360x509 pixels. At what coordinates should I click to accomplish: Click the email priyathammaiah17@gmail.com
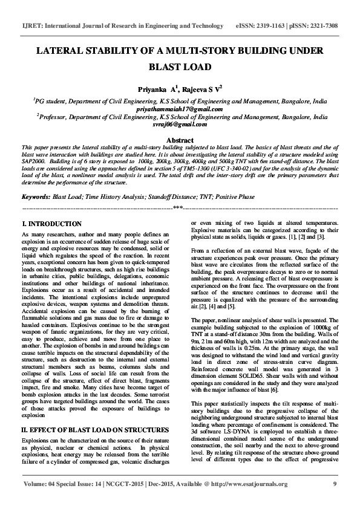pos(180,109)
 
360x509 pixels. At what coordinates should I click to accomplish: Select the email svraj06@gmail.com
pos(180,124)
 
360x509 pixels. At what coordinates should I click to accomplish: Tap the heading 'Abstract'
pos(180,139)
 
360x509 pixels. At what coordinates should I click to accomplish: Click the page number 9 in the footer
pos(334,501)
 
